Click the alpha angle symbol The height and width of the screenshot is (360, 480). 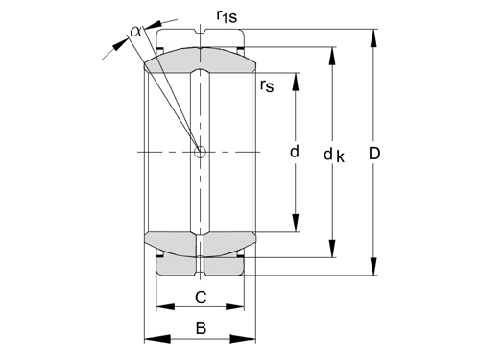tap(135, 32)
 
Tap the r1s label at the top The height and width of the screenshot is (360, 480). tap(227, 15)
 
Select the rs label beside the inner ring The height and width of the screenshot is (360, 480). tap(267, 85)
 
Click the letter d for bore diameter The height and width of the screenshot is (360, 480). tap(295, 151)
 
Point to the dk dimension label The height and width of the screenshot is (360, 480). tap(334, 156)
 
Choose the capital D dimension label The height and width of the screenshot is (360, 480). tap(374, 154)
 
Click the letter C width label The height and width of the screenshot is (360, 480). tap(201, 298)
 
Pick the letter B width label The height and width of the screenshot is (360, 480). tap(201, 328)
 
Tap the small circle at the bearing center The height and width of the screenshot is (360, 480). tap(201, 152)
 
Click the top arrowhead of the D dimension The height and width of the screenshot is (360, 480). tap(373, 39)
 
